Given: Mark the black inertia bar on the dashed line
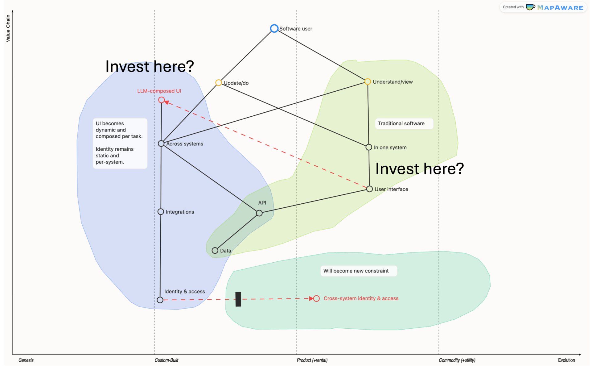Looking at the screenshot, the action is click(238, 299).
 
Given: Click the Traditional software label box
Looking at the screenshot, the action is click(404, 123).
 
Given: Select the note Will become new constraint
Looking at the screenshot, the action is click(359, 271).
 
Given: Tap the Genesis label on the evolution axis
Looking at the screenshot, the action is click(26, 360).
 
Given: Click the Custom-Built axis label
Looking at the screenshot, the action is click(166, 360).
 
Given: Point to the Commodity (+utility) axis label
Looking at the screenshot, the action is click(457, 360).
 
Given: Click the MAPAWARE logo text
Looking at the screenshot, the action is click(560, 8).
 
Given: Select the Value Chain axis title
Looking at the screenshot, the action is click(8, 28).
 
